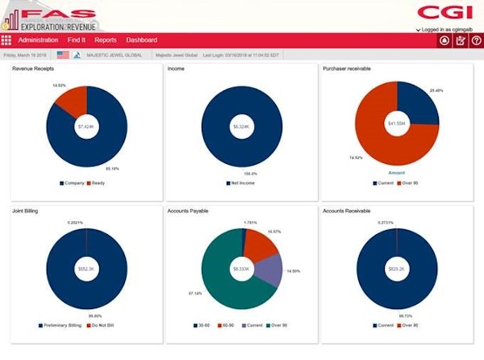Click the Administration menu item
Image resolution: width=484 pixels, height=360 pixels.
coord(38,40)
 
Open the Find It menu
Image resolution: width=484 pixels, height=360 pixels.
coord(77,40)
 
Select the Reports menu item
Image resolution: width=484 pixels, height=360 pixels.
coord(106,40)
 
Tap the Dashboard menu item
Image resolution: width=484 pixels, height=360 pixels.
coord(141,40)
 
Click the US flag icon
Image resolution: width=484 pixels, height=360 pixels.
coord(63,56)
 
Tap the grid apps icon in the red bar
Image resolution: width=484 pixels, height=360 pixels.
coord(6,40)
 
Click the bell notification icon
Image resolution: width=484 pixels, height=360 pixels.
coord(444,40)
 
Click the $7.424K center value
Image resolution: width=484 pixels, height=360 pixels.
coord(86,127)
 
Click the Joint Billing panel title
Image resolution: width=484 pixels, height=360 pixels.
coord(26,211)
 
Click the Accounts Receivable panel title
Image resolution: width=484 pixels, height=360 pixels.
coord(345,211)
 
